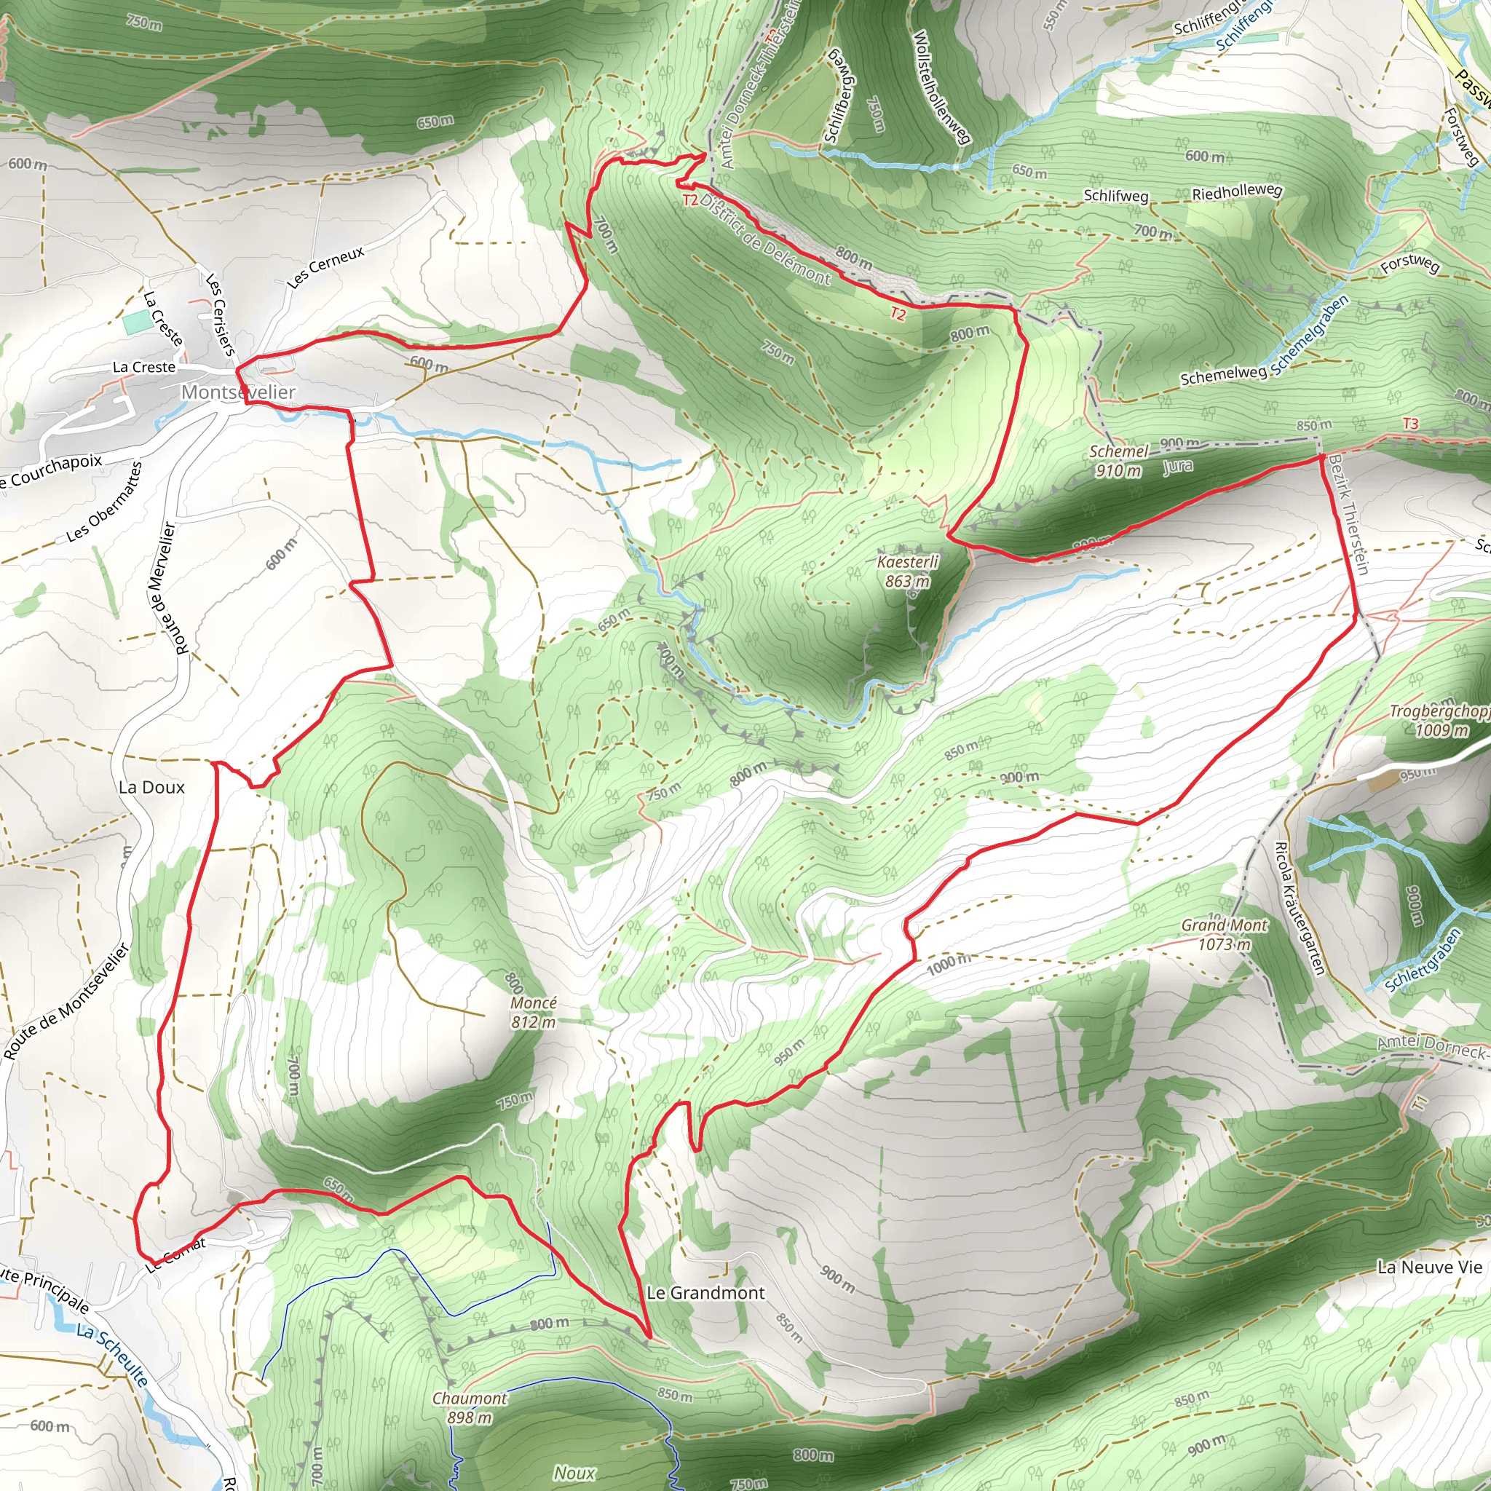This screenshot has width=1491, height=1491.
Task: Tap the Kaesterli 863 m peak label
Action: point(908,571)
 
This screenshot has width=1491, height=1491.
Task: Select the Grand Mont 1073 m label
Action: point(1224,934)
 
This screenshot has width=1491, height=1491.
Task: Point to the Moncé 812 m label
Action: point(533,1012)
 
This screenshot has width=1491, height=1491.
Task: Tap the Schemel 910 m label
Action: point(1118,461)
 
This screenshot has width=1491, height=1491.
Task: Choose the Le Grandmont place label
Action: point(705,1293)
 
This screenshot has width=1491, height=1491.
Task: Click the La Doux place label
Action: point(152,787)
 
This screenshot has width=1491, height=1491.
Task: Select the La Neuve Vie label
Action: point(1429,1267)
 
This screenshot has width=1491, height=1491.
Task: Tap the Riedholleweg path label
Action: point(1237,192)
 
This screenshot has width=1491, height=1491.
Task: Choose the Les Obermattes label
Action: point(104,502)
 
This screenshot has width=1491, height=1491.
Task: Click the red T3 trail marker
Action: point(1410,424)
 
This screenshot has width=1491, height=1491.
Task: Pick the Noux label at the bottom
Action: point(574,1473)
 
